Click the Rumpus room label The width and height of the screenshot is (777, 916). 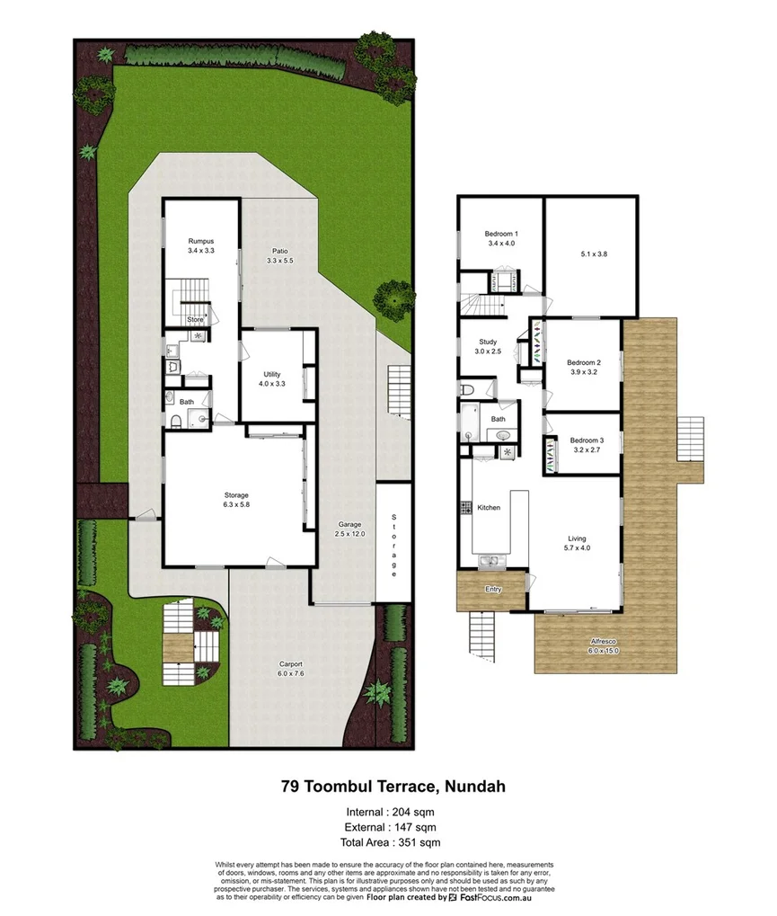click(x=200, y=241)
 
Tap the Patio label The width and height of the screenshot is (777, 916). click(x=279, y=251)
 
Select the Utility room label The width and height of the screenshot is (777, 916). click(x=273, y=374)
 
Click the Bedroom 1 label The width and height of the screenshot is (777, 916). click(x=503, y=234)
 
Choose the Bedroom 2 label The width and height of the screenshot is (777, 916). click(x=585, y=362)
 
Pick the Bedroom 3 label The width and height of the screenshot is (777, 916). click(x=586, y=440)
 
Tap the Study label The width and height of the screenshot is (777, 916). click(x=488, y=342)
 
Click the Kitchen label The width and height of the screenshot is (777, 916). click(x=489, y=508)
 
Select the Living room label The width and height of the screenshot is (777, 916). click(x=577, y=537)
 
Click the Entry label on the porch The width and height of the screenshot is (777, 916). click(x=493, y=590)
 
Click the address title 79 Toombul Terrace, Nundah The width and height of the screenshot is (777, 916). click(x=393, y=786)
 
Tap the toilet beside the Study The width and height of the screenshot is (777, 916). click(x=467, y=389)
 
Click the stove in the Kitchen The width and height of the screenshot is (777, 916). click(x=466, y=508)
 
